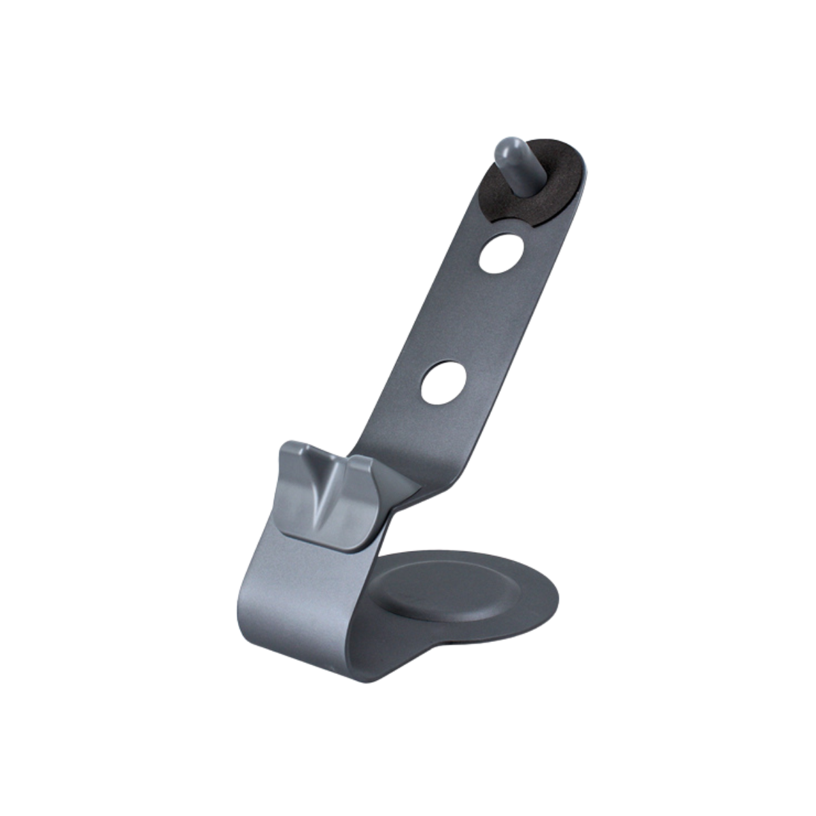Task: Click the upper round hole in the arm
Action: pyautogui.click(x=501, y=254)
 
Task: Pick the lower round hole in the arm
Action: pyautogui.click(x=443, y=382)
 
